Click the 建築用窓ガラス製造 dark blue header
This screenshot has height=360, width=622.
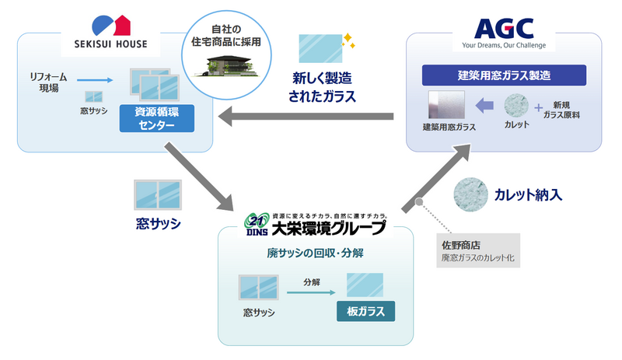(502, 76)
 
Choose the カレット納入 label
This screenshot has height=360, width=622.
(526, 195)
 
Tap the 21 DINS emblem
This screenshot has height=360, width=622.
(257, 224)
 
